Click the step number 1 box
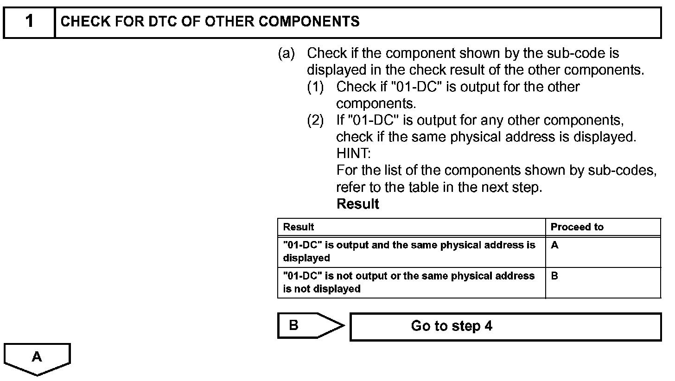pos(29,22)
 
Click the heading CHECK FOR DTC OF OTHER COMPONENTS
pos(210,22)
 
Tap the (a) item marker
pos(286,54)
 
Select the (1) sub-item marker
pos(315,87)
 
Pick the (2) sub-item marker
pos(315,121)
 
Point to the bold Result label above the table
pos(357,204)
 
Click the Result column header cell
pos(411,227)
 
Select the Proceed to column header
pos(603,227)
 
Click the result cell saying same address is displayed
pos(411,251)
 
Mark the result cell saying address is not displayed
pos(411,282)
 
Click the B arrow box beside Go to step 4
pos(306,326)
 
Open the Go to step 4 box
pos(505,327)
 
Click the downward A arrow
pos(37,359)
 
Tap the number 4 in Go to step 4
pos(488,326)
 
